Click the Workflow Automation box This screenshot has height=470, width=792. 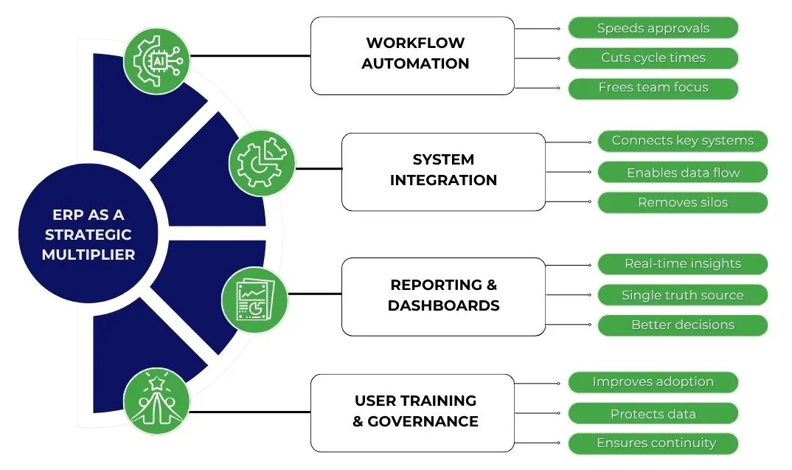[412, 55]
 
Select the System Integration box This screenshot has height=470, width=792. [443, 170]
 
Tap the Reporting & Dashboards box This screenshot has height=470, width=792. [443, 295]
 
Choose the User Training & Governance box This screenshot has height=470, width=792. [412, 412]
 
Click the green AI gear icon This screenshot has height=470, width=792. [156, 57]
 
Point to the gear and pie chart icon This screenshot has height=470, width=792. [262, 164]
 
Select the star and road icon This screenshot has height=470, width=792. [156, 402]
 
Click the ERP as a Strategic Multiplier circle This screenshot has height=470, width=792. [88, 235]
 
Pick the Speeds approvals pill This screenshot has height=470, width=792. [653, 29]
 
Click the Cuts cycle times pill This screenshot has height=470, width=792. [653, 58]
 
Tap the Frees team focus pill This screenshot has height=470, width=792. [653, 88]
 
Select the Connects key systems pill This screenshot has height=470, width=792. [682, 141]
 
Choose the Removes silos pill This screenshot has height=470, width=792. [682, 202]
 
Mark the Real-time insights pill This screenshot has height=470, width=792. [682, 264]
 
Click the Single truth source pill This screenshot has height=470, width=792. [682, 295]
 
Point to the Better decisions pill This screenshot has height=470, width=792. [682, 325]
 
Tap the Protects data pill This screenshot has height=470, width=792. [653, 414]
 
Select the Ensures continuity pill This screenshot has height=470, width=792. [653, 443]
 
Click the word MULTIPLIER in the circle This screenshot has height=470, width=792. [88, 255]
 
